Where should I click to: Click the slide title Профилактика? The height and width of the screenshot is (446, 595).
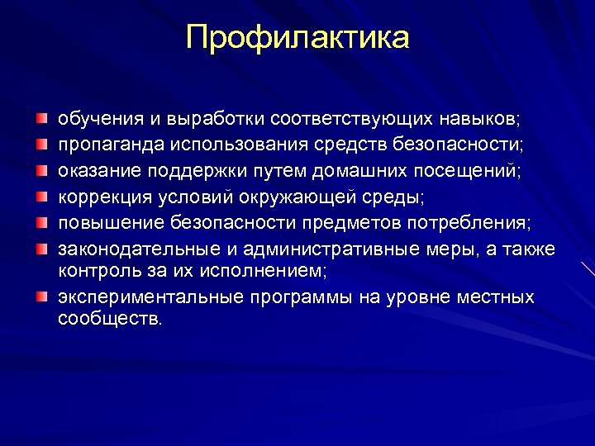(297, 37)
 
